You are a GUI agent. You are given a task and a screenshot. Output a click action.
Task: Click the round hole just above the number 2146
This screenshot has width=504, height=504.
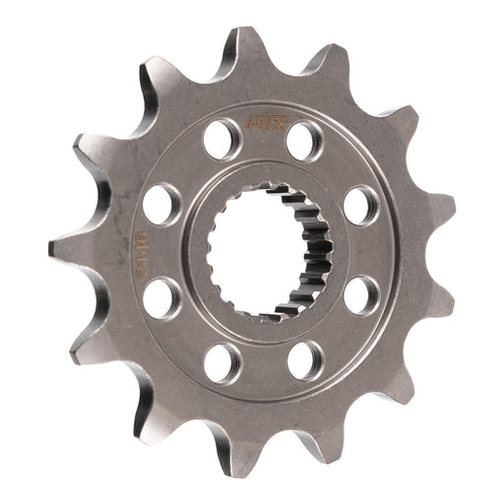(x=160, y=204)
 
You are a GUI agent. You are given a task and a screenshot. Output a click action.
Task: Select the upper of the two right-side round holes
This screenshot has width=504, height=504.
(x=360, y=205)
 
